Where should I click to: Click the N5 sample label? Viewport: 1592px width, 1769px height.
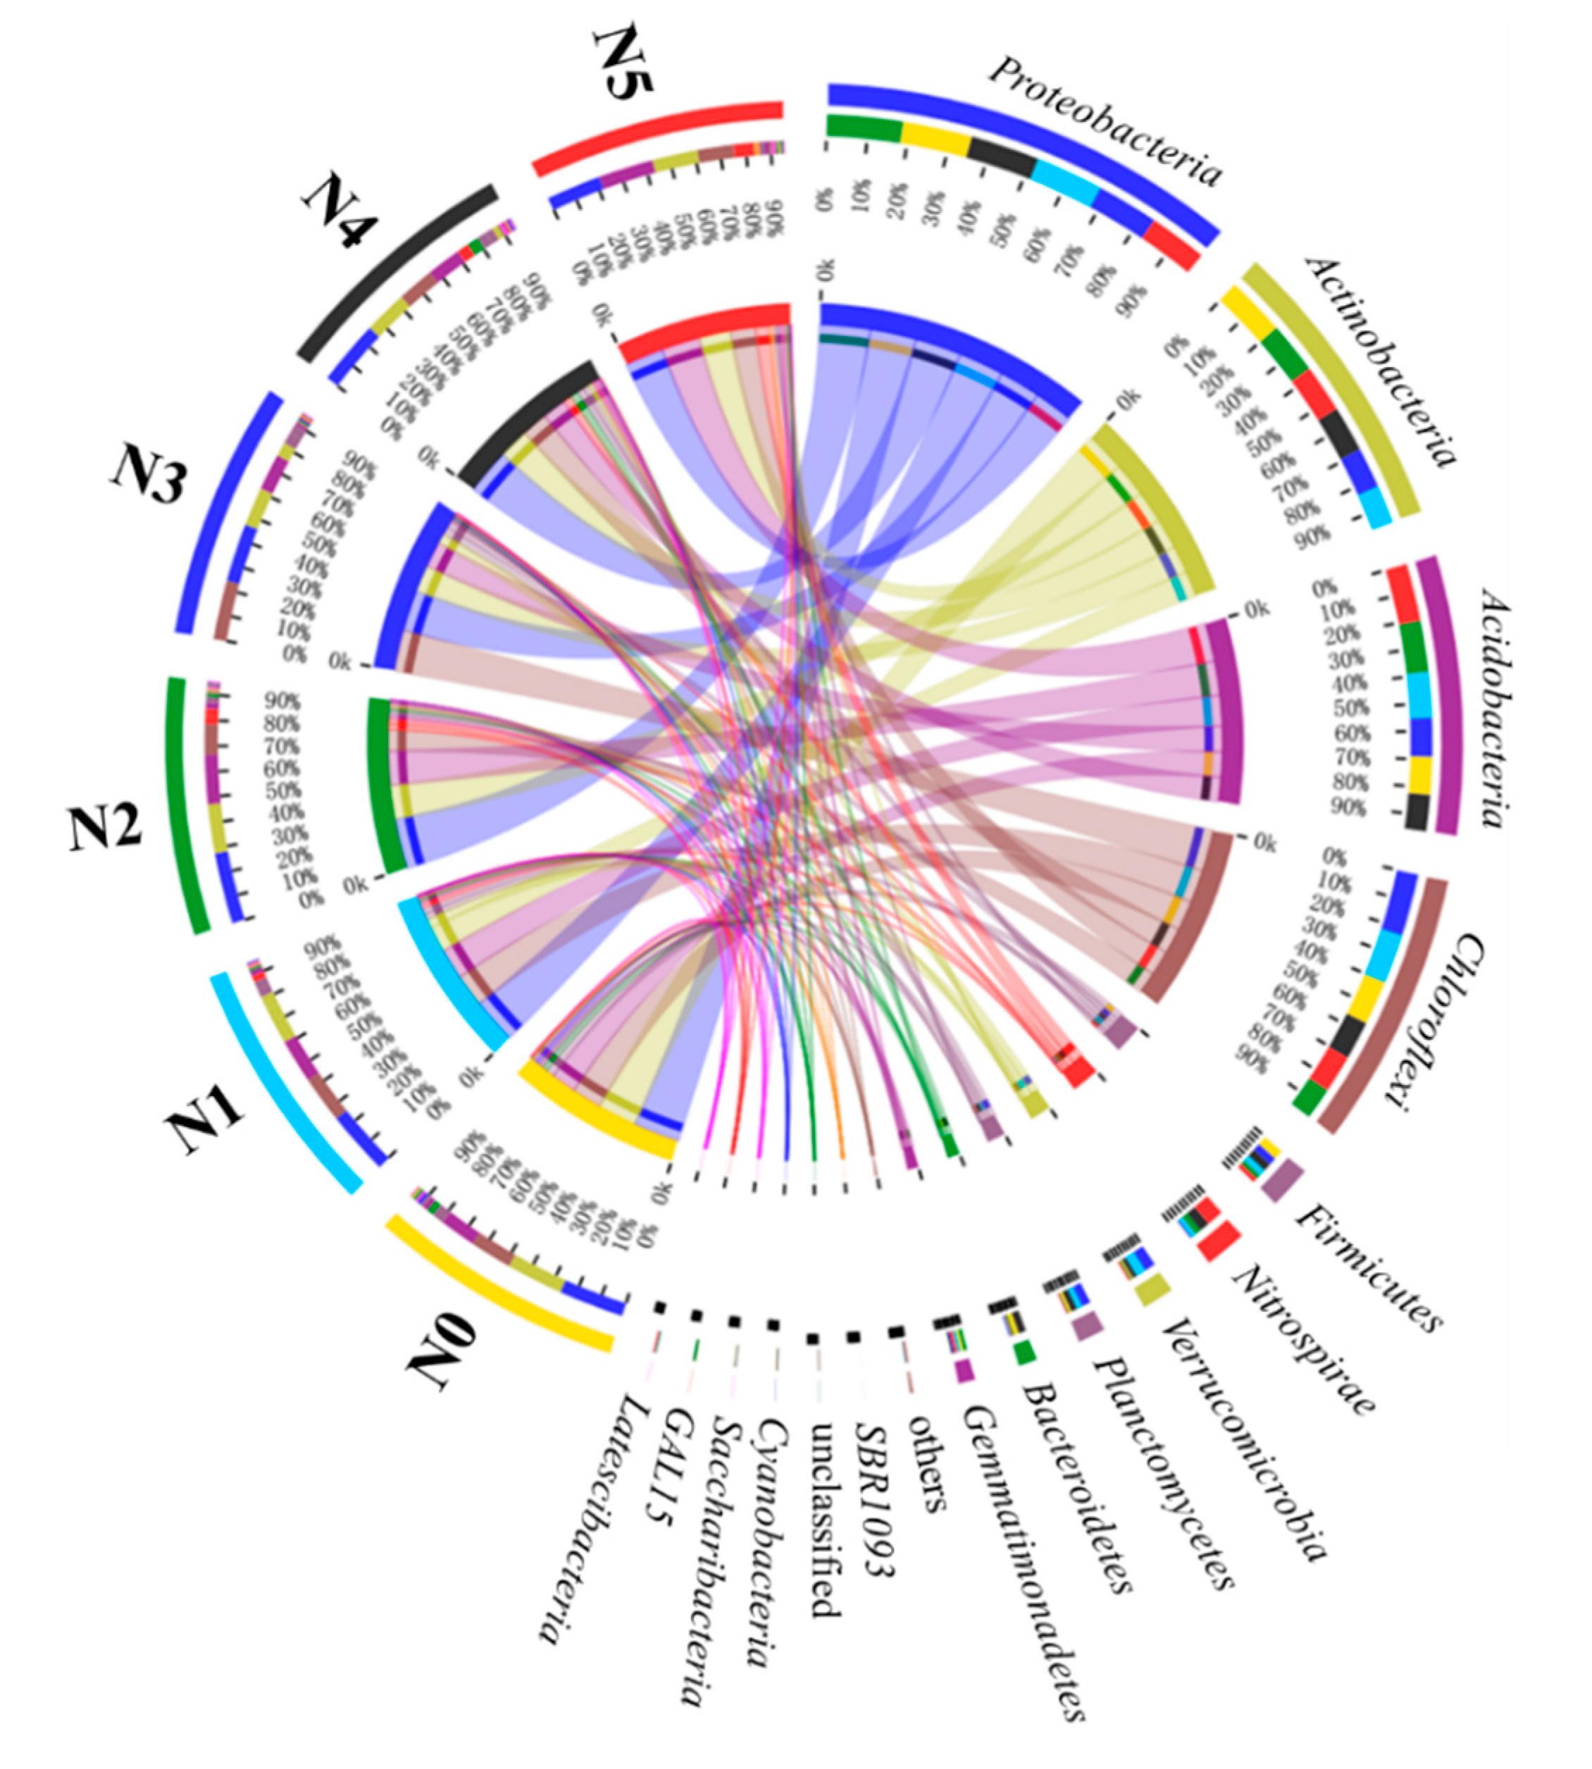click(623, 63)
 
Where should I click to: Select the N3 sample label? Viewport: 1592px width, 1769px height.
click(149, 477)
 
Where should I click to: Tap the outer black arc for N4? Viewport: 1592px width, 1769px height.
click(398, 271)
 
